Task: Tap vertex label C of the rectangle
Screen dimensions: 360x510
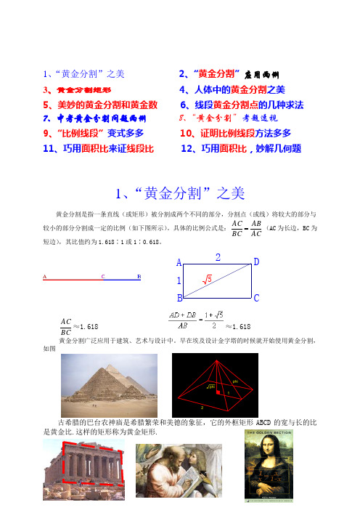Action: [x=256, y=299]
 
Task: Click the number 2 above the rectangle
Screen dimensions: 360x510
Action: [x=218, y=256]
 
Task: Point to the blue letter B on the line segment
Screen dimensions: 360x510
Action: [x=139, y=278]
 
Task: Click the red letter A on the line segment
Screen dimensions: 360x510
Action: [x=44, y=278]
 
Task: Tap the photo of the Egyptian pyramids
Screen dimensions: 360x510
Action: [x=104, y=383]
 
